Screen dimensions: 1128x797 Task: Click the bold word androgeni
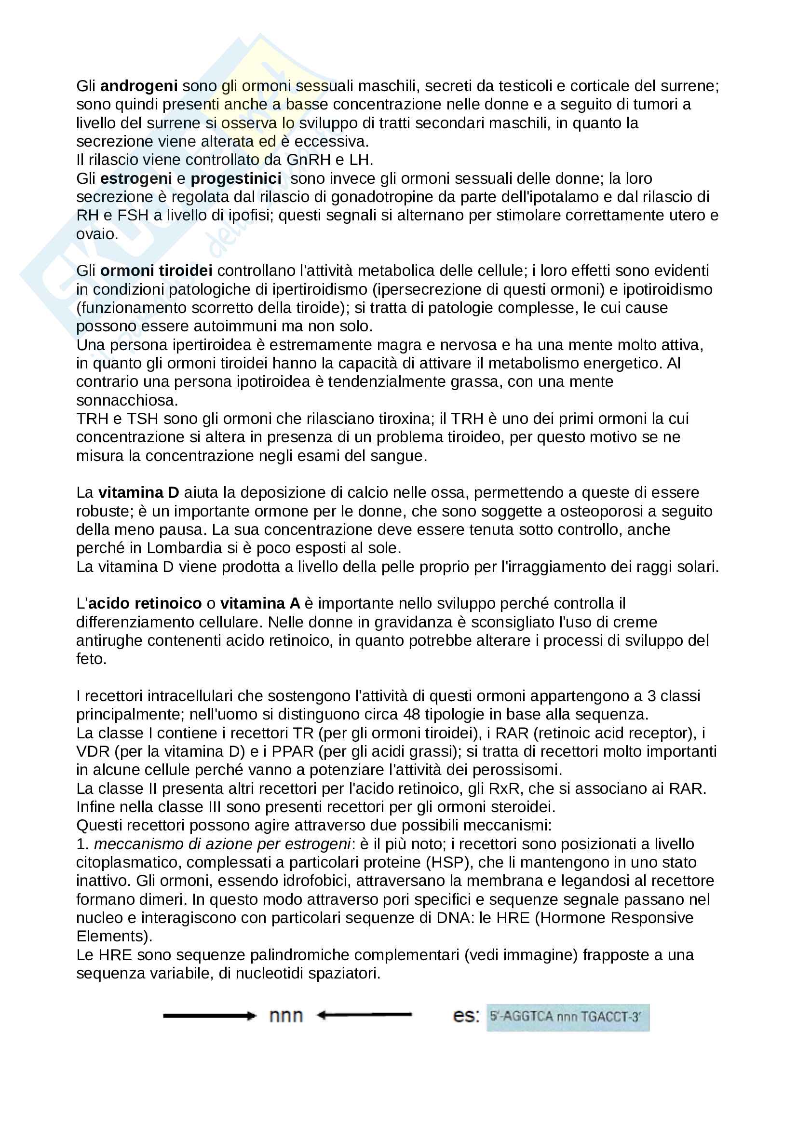138,86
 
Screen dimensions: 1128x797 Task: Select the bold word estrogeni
135,178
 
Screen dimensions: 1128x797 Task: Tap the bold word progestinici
236,178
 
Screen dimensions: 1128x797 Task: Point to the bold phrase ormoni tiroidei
156,271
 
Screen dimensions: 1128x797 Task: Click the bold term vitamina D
138,493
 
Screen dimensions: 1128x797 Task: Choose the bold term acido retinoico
145,603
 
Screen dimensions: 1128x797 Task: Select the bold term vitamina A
260,603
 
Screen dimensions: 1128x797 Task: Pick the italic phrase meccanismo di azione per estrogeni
222,844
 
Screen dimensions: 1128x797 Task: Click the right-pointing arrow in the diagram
209,1016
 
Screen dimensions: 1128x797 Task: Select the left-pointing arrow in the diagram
364,1015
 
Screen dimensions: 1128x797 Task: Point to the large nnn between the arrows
286,1016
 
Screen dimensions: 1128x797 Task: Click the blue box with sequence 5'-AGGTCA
567,1017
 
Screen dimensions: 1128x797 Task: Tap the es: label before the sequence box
466,1016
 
